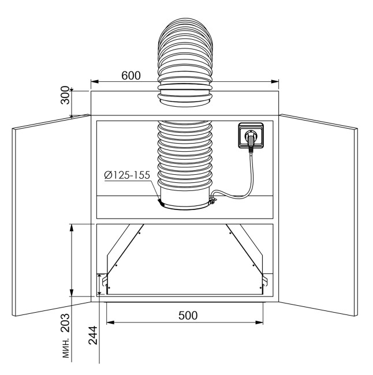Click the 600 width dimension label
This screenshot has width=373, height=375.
[131, 76]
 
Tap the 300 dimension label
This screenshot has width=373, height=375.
[65, 95]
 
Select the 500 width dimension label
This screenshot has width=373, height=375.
[188, 316]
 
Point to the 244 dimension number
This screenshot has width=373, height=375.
[93, 335]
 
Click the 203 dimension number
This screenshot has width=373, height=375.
[65, 323]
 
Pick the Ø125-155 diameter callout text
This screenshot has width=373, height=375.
[127, 175]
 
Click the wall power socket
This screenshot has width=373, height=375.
[251, 135]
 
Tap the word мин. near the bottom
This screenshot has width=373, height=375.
[66, 348]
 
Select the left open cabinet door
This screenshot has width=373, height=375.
[51, 215]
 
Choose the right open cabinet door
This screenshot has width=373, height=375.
[318, 215]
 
